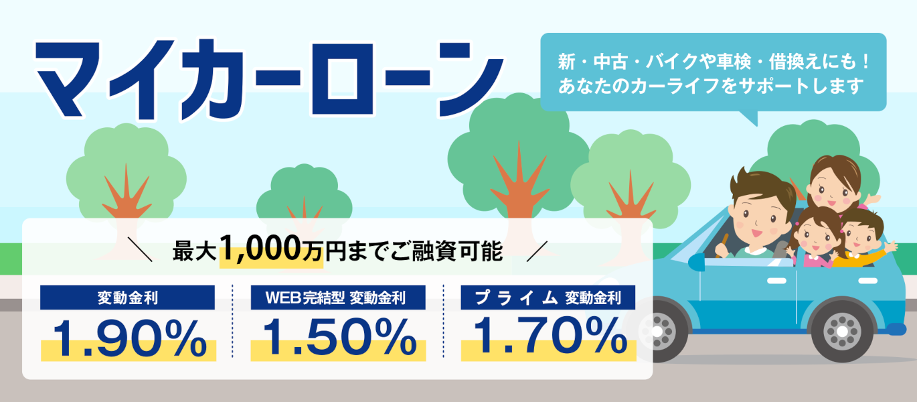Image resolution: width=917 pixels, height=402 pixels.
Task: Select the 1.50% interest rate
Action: click(339, 337)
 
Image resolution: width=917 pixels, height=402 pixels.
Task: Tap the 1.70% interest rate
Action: click(550, 336)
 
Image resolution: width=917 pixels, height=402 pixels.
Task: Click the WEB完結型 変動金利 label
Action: click(336, 298)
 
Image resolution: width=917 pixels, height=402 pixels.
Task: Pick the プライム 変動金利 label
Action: click(548, 298)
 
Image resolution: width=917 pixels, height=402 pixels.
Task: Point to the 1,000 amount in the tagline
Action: click(261, 249)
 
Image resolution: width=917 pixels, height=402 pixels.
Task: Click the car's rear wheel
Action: click(842, 331)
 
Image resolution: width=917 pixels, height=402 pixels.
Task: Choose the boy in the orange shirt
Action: click(863, 240)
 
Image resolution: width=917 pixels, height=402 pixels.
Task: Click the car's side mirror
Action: click(697, 262)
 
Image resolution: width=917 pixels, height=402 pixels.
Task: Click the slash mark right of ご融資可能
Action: click(537, 251)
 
